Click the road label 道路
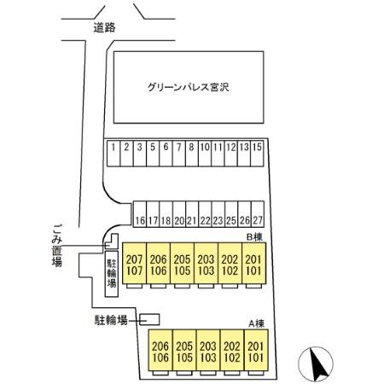pyautogui.click(x=105, y=27)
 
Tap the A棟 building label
pyautogui.click(x=253, y=323)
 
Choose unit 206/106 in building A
pyautogui.click(x=160, y=351)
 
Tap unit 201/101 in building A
pyautogui.click(x=255, y=351)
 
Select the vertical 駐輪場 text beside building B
pyautogui.click(x=111, y=276)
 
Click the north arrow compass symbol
pyautogui.click(x=317, y=365)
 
